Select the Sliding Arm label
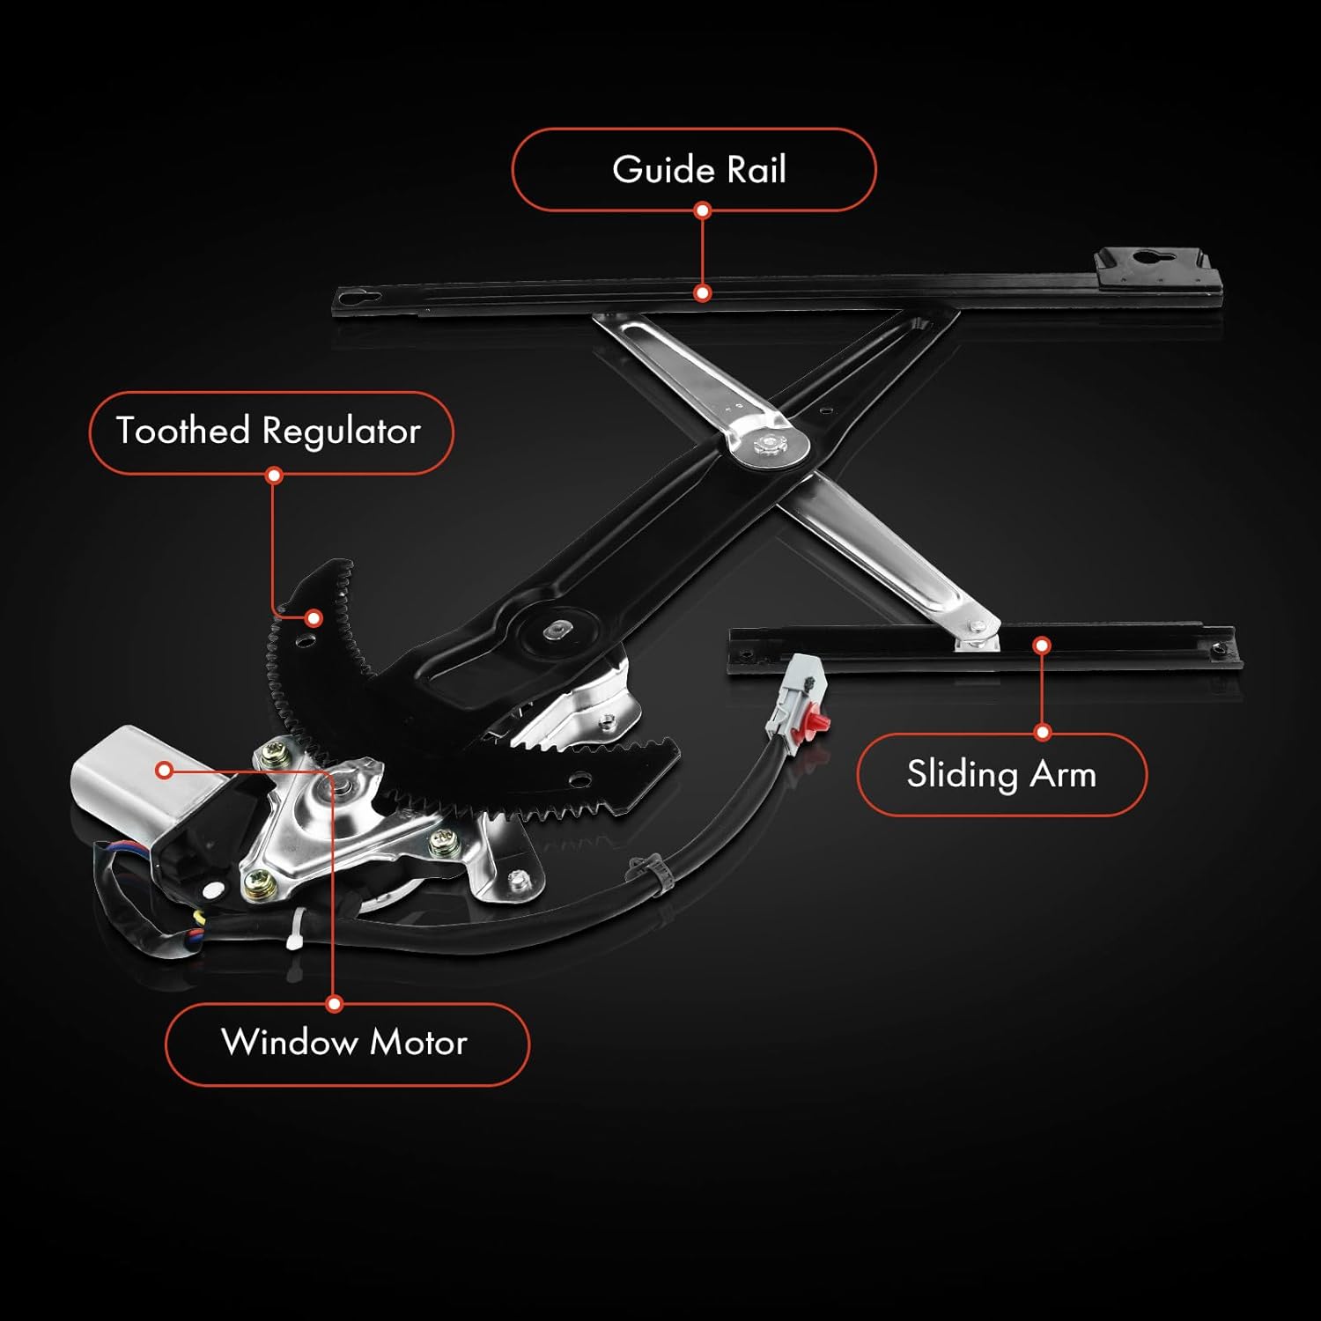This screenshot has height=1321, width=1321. click(x=1001, y=775)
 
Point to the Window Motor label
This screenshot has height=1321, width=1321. click(x=347, y=1044)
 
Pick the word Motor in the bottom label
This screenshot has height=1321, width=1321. click(x=418, y=1044)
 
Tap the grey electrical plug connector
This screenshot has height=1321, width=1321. click(x=794, y=696)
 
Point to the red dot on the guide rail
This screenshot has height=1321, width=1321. click(x=702, y=292)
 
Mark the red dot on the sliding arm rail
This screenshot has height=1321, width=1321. click(x=1042, y=646)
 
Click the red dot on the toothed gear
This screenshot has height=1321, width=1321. click(x=313, y=617)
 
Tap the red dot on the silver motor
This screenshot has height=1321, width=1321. click(x=163, y=770)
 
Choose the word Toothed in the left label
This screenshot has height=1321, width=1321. click(x=183, y=432)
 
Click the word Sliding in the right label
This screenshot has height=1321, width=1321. click(x=962, y=775)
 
